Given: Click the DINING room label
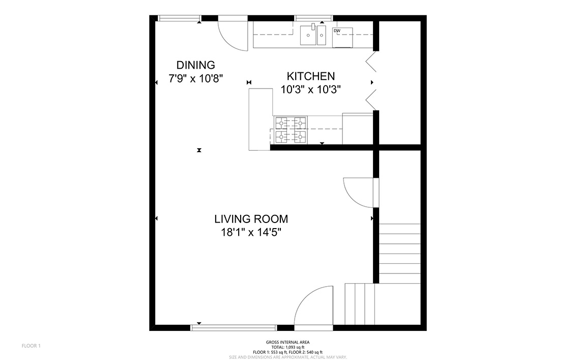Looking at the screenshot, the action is pos(196,65).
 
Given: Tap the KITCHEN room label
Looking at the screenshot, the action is pos(311,76).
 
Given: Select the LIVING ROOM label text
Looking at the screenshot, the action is pos(251,219).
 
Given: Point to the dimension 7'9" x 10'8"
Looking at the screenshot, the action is pos(196,78).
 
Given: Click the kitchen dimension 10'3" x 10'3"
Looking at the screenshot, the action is pos(311,89).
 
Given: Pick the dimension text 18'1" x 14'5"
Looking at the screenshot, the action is pos(251,232).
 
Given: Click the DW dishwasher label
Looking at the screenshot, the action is pos(337,31).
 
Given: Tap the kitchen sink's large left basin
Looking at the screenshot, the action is pos(308,35).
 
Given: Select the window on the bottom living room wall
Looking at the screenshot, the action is pos(234,327).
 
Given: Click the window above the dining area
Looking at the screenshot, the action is pos(180,18).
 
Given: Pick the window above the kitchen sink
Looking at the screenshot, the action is pos(314,18).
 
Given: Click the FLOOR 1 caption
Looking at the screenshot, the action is pos(31,346).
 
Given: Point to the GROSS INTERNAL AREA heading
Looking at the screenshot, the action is pos(287,342).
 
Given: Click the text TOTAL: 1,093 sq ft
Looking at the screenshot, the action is pos(287,347).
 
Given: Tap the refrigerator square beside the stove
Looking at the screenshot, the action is pos(358,129).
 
